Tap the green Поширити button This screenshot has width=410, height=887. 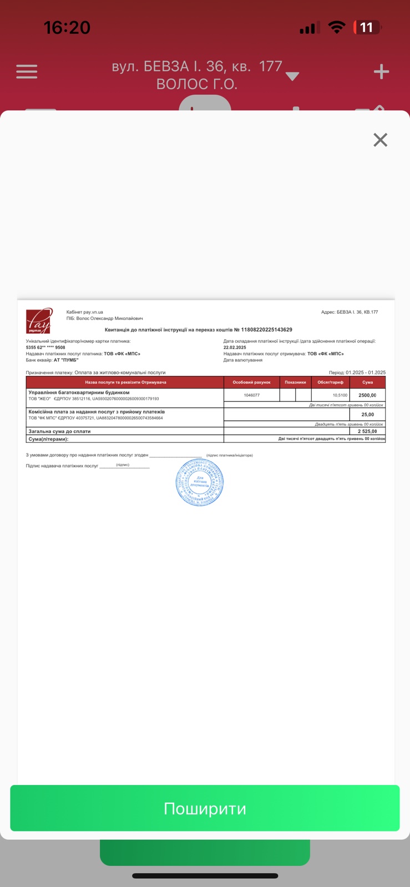205,808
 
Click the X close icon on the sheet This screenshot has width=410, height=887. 380,140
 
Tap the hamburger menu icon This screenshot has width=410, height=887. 27,72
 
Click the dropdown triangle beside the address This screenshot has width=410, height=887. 292,77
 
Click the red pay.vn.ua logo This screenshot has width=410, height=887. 39,321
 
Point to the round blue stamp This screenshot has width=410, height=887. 200,482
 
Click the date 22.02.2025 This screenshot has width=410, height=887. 235,348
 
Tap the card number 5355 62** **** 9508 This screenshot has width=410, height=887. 45,348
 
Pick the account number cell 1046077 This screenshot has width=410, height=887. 251,395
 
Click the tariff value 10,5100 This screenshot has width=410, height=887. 340,395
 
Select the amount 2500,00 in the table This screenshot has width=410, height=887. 367,395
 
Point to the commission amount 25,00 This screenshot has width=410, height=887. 367,415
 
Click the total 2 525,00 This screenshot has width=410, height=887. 367,431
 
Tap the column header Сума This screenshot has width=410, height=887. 367,383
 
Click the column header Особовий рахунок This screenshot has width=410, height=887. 251,383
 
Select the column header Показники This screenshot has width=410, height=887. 295,383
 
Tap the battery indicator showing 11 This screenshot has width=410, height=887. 367,27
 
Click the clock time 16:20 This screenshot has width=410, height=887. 67,27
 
